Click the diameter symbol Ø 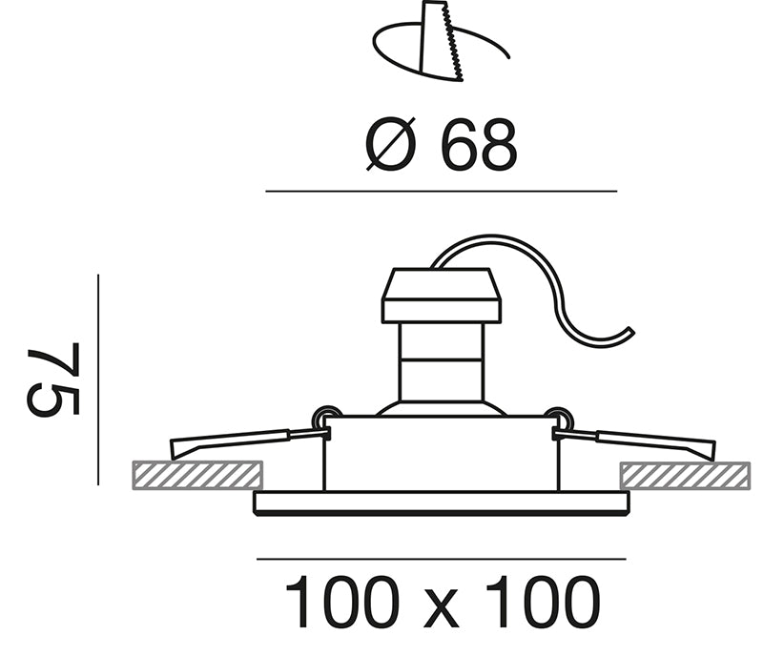391,145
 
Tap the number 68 478,145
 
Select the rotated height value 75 53,379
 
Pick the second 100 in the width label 544,602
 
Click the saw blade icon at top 442,42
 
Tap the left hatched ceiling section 197,476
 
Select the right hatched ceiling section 685,476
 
